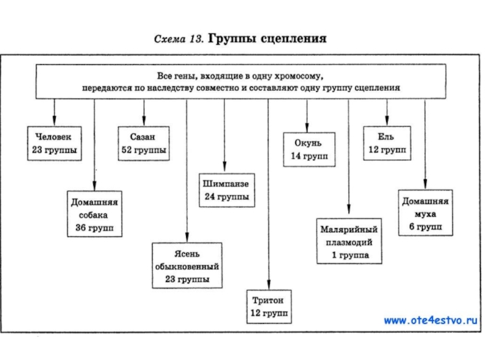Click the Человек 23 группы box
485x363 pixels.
coord(55,143)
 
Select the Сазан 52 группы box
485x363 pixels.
coord(144,143)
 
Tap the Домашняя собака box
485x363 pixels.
coord(94,214)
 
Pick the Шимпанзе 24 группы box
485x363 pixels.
coord(225,190)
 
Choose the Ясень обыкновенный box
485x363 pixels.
coord(187,265)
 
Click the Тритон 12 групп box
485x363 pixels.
coord(267,307)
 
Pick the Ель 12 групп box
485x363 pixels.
coord(386,143)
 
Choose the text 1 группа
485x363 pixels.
coord(349,255)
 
